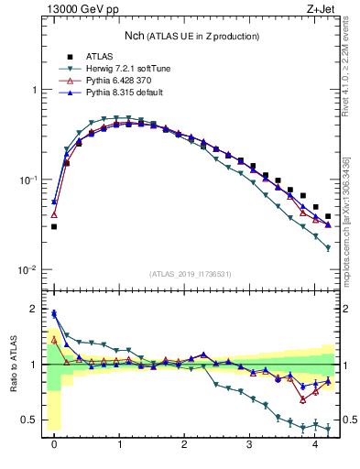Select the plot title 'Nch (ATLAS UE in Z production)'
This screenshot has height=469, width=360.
pyautogui.click(x=191, y=36)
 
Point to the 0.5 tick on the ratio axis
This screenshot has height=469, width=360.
pyautogui.click(x=32, y=420)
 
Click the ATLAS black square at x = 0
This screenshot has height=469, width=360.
pyautogui.click(x=54, y=226)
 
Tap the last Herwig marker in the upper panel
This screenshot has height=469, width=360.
pyautogui.click(x=328, y=248)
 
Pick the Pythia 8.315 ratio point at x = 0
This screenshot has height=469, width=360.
pyautogui.click(x=54, y=313)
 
